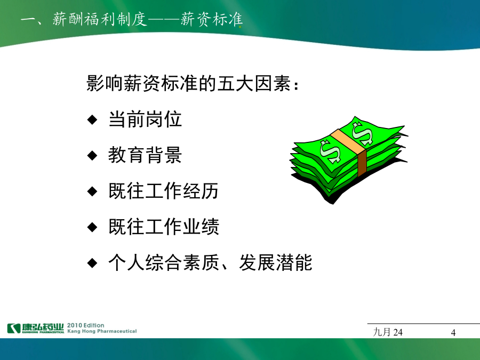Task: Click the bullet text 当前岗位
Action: tap(145, 119)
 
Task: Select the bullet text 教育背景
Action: tap(145, 155)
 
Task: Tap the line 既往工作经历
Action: tap(164, 191)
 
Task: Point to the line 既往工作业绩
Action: tap(164, 227)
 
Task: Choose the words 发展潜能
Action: tap(276, 262)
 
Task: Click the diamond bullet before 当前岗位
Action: tap(92, 119)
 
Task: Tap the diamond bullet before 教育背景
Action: tap(92, 156)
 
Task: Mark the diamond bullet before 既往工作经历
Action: tap(92, 191)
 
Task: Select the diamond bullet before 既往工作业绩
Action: tap(92, 227)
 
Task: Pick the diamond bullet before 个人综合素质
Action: tap(92, 263)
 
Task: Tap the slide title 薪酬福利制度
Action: tap(100, 19)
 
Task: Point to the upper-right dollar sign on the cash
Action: tap(363, 133)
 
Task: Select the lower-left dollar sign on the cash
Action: tap(330, 151)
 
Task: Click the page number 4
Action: tap(453, 332)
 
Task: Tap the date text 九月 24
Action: tap(388, 332)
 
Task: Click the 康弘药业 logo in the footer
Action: tap(36, 328)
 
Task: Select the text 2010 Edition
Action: tap(86, 325)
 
